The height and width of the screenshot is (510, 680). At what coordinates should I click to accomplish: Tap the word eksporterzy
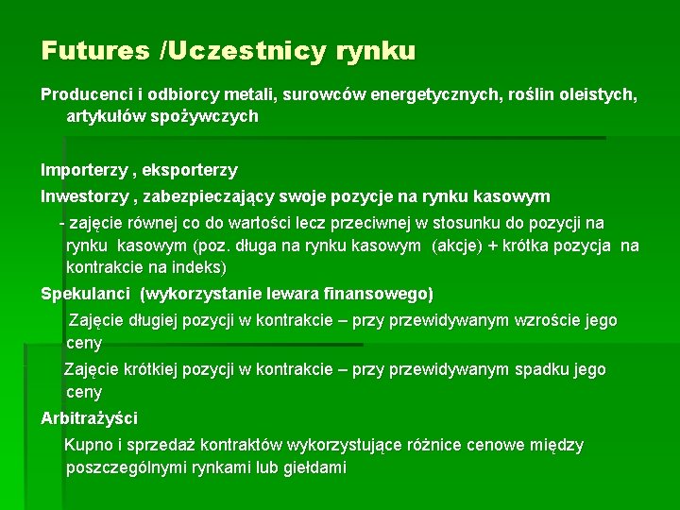[193, 171]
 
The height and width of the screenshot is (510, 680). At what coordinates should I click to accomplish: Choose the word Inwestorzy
[84, 197]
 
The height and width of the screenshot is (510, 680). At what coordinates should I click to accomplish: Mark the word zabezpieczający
[216, 197]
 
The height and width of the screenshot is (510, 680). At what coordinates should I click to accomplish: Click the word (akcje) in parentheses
[457, 246]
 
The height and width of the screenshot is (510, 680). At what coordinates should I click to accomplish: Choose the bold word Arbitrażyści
[89, 418]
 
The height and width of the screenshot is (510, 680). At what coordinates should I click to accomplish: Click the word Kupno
[87, 445]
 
